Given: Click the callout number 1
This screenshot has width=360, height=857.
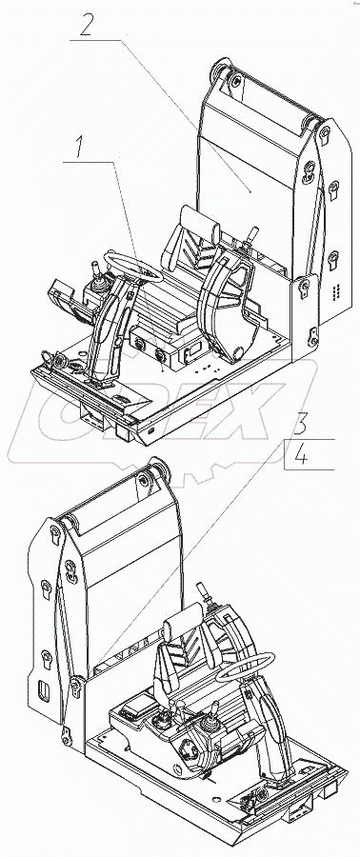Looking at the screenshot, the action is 80,148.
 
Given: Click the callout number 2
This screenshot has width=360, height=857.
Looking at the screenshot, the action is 86,25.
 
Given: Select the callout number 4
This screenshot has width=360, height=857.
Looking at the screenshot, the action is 301,455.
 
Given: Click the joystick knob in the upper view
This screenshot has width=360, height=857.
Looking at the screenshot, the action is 93,268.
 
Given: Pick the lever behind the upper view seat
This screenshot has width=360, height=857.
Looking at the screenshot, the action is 251,235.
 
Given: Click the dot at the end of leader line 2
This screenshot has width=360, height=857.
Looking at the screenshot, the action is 250,191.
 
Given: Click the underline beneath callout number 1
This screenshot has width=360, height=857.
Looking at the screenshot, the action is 90,161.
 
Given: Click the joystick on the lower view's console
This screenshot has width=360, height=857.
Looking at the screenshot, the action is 209,725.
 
